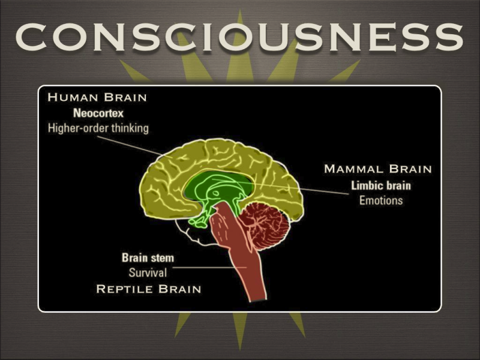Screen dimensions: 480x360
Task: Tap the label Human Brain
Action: point(97,97)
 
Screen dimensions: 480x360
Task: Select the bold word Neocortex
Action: point(99,112)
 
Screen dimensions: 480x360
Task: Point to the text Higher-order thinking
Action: point(98,128)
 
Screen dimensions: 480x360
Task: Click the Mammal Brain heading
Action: point(377,169)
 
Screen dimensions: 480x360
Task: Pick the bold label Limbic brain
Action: point(381,185)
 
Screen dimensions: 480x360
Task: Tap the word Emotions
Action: point(381,200)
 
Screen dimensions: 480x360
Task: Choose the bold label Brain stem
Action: point(148,258)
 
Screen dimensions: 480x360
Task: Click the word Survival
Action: point(148,273)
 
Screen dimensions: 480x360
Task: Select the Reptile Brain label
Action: point(148,289)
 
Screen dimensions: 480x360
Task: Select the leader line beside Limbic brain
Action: point(318,190)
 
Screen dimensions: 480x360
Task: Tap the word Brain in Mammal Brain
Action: point(410,169)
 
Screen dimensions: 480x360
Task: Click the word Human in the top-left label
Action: point(73,97)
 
